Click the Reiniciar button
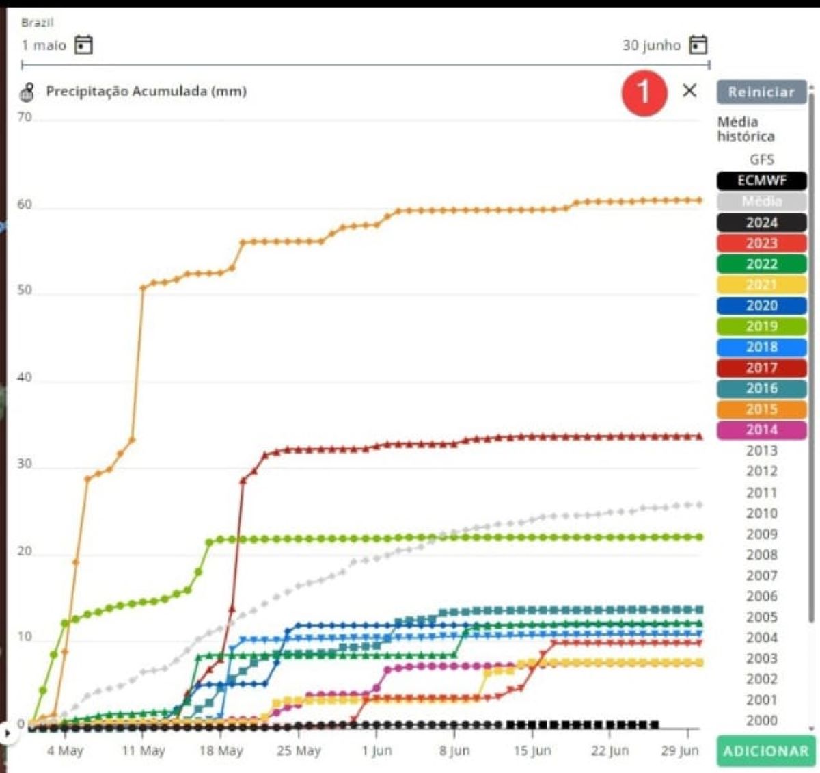(x=761, y=92)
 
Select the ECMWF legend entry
(x=761, y=181)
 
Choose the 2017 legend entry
(x=761, y=367)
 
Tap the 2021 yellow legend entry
(x=761, y=285)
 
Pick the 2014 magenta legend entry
(x=761, y=430)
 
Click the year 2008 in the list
(x=761, y=555)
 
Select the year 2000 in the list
(x=761, y=720)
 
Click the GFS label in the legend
(x=761, y=159)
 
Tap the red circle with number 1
(x=644, y=92)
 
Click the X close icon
(x=689, y=90)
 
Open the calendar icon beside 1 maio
(x=83, y=45)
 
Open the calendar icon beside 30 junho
(x=698, y=45)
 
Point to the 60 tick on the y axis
(x=25, y=205)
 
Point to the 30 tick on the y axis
(x=25, y=464)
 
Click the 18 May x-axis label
(x=221, y=750)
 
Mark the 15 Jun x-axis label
(x=532, y=750)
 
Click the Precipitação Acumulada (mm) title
(x=146, y=91)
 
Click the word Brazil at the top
(x=37, y=23)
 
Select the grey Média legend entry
(x=761, y=201)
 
